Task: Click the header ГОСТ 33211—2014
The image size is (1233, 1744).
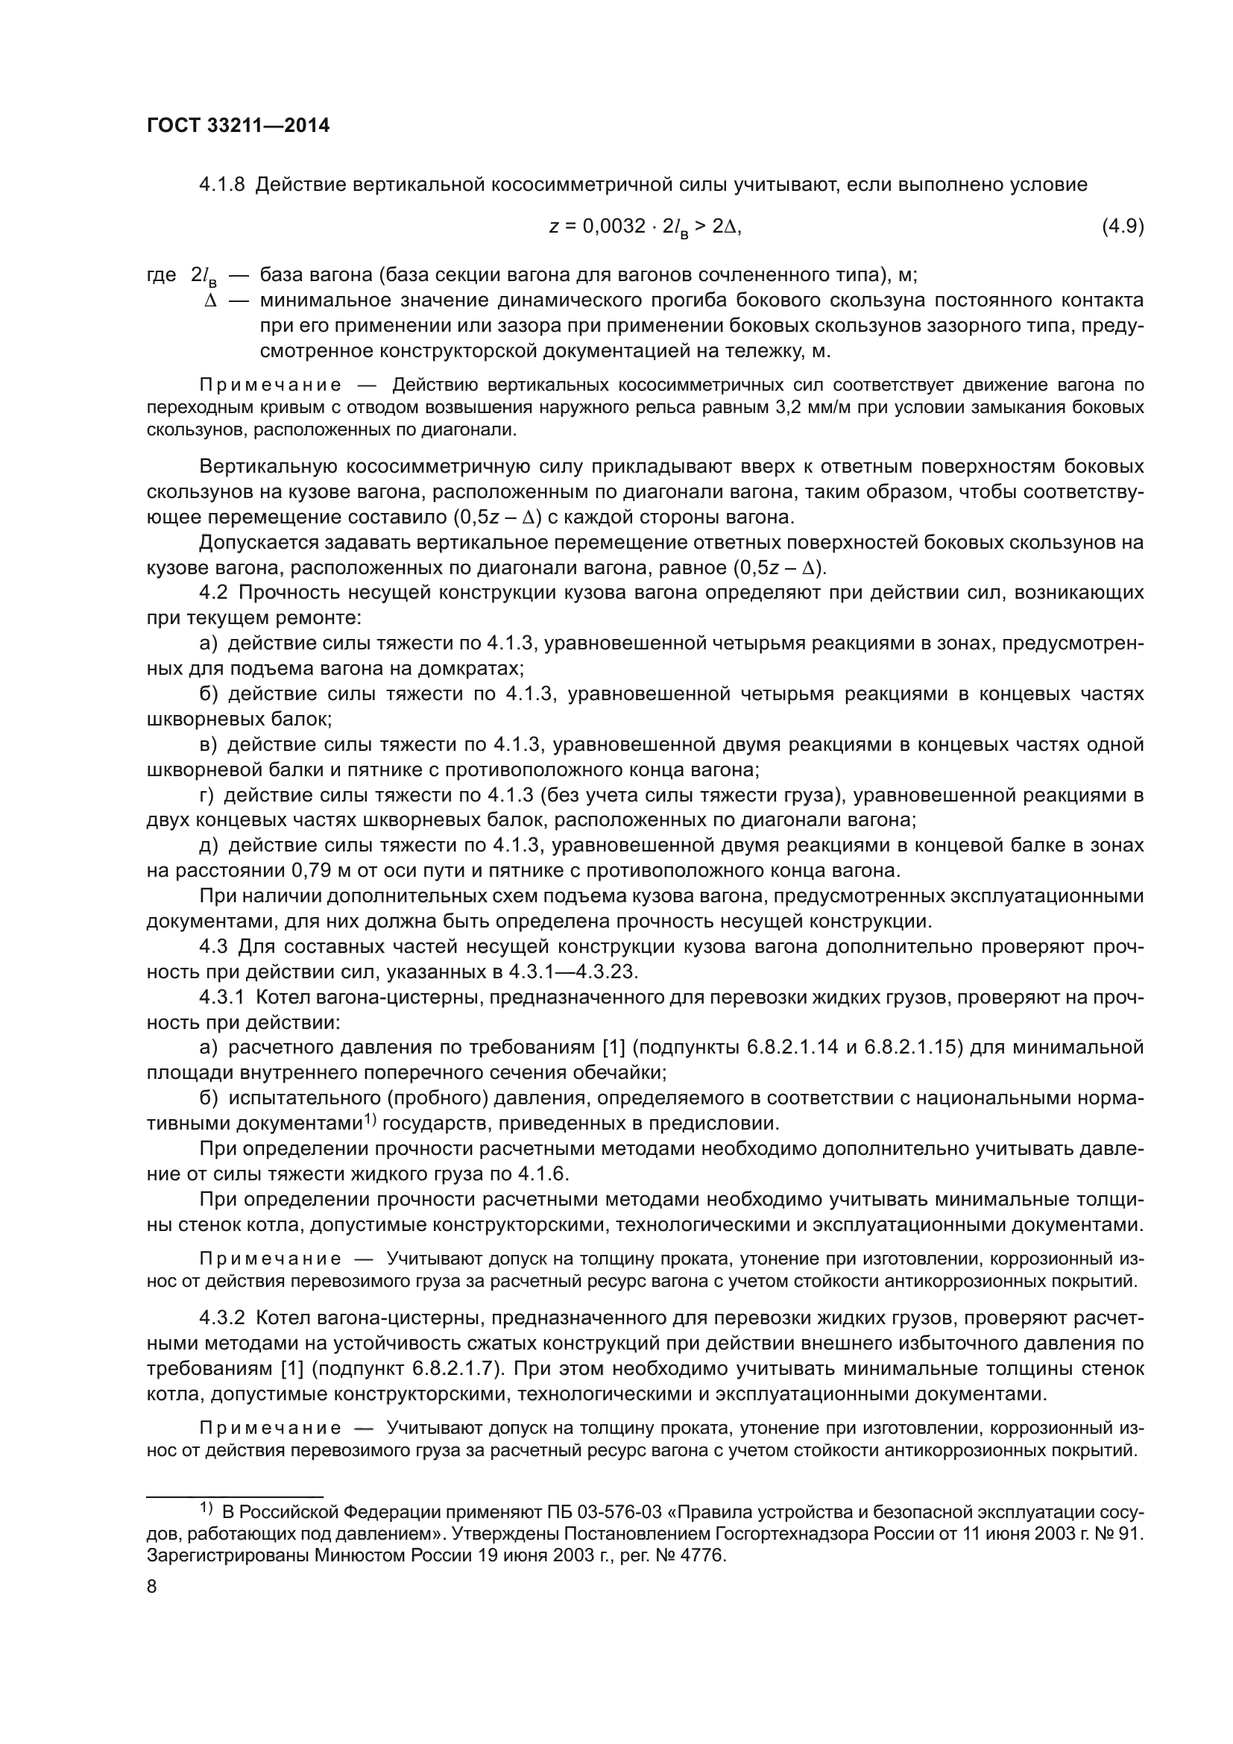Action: (238, 126)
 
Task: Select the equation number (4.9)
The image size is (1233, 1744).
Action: (1122, 227)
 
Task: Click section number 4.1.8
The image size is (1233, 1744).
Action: (221, 185)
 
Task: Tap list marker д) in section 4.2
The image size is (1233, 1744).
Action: (209, 846)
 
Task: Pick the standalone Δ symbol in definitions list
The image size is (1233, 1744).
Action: (211, 300)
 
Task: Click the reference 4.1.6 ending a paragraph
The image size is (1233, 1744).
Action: (542, 1174)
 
